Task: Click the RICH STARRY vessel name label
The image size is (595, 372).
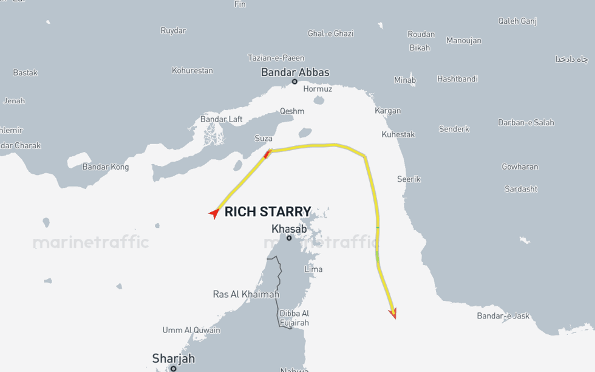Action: point(268,212)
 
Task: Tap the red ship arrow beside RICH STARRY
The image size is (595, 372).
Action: point(214,213)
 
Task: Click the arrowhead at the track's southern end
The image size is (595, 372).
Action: point(393,313)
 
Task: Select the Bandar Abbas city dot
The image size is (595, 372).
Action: point(294,81)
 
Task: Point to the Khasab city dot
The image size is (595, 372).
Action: point(289,238)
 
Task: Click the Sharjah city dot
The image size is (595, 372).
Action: point(173,368)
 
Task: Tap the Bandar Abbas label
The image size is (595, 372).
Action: point(295,72)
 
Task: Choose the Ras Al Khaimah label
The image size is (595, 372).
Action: point(246,294)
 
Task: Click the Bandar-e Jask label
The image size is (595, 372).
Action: point(503,315)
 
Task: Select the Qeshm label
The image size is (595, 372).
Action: point(292,111)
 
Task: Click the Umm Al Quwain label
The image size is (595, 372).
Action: point(191,330)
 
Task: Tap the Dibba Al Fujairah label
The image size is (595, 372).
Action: point(294,318)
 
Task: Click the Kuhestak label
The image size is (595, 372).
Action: point(398,134)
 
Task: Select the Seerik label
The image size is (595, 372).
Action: point(409,179)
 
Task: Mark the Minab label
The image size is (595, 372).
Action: point(405,80)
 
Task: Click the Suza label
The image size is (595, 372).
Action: point(263,139)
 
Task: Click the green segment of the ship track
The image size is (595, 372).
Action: point(378,255)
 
